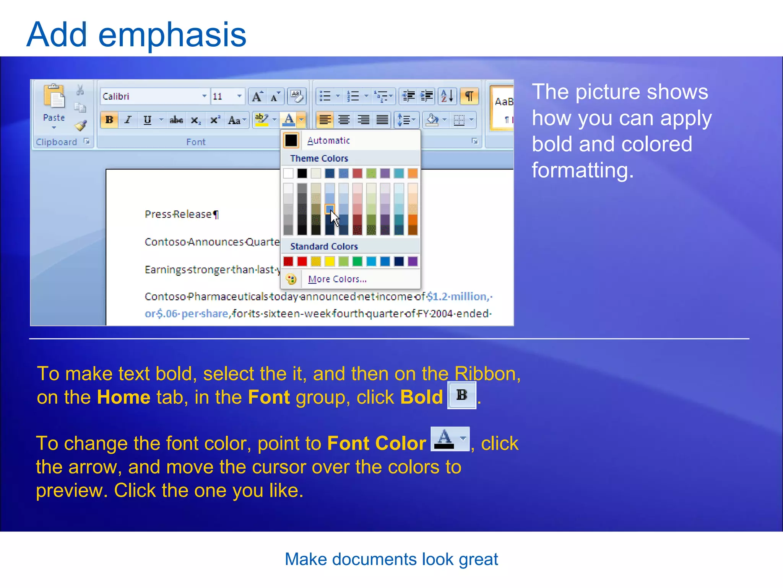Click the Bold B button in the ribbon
(109, 120)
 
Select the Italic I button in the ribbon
(128, 120)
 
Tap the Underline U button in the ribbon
(147, 120)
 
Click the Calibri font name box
(151, 96)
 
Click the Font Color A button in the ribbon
(289, 120)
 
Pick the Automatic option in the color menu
(328, 140)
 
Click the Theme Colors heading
(319, 158)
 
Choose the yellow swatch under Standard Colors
(330, 261)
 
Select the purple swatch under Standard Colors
(413, 261)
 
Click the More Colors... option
(337, 279)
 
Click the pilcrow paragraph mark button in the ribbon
(469, 96)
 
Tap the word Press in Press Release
(158, 214)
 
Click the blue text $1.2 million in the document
(457, 296)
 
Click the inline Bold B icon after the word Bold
(462, 395)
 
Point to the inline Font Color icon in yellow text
(450, 439)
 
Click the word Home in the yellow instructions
(123, 397)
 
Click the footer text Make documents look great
(391, 559)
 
